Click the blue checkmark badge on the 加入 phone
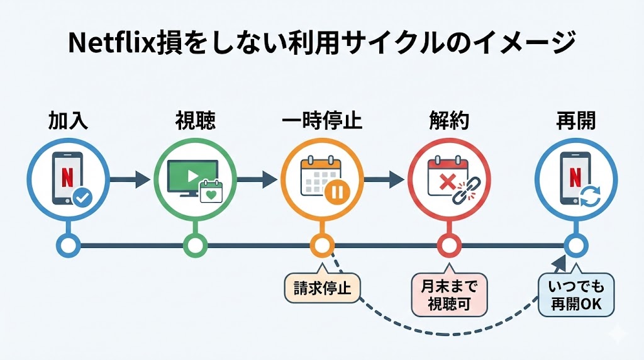pos(82,198)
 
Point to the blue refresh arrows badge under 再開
pos(590,198)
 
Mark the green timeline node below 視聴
pos(195,244)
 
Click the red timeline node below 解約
pos(448,244)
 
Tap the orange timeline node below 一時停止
pos(321,244)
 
